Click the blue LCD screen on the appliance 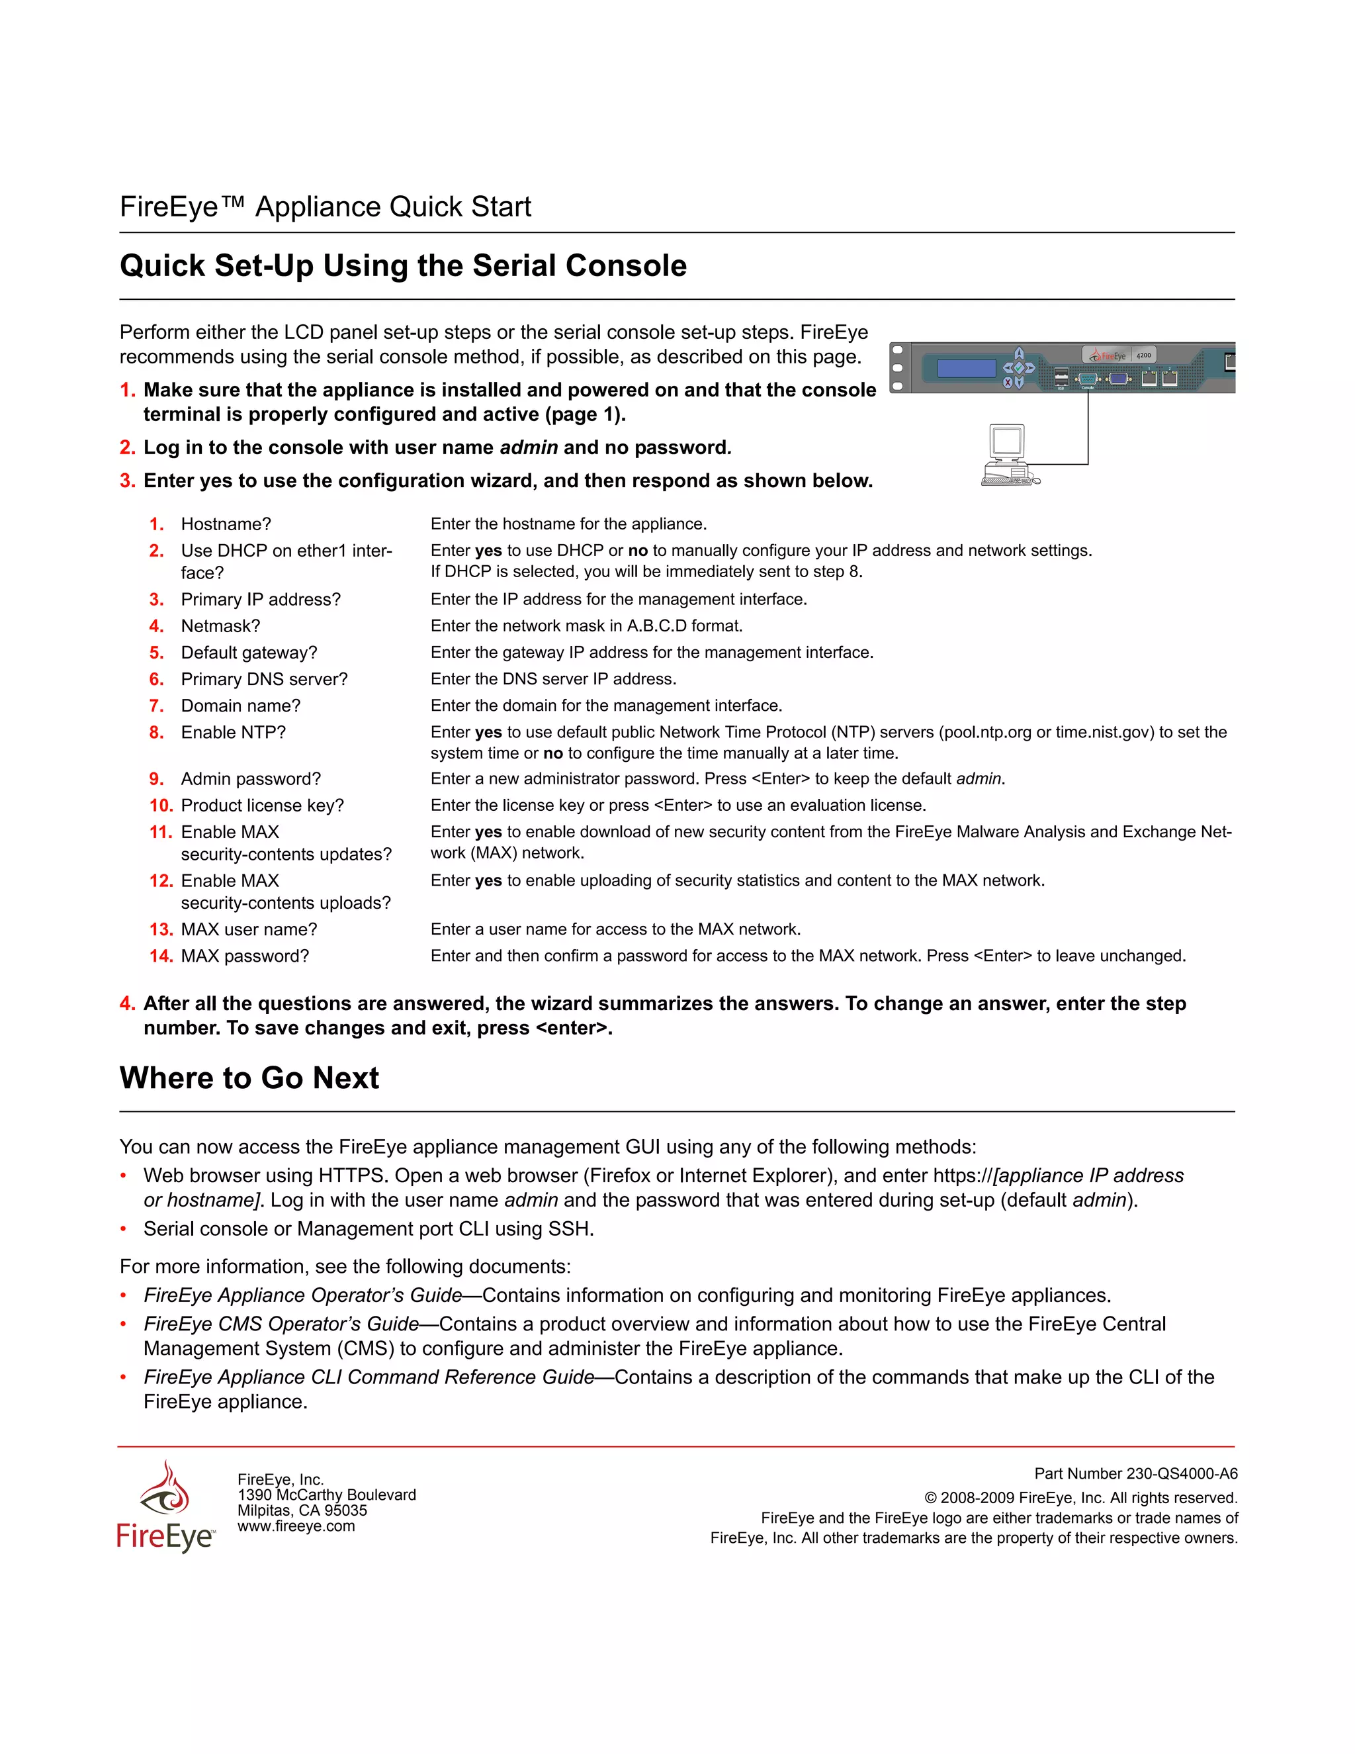(x=967, y=369)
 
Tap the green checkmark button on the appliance (x=1020, y=369)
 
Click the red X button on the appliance (x=1008, y=383)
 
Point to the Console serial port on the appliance (x=1088, y=379)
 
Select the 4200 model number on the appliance (x=1144, y=356)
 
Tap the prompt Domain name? (x=240, y=706)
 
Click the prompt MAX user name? (x=249, y=930)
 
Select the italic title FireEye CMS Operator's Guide (x=281, y=1324)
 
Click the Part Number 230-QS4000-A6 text (x=1135, y=1474)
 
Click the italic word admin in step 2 (x=528, y=448)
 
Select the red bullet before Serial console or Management (x=124, y=1230)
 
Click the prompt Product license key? (x=262, y=806)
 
